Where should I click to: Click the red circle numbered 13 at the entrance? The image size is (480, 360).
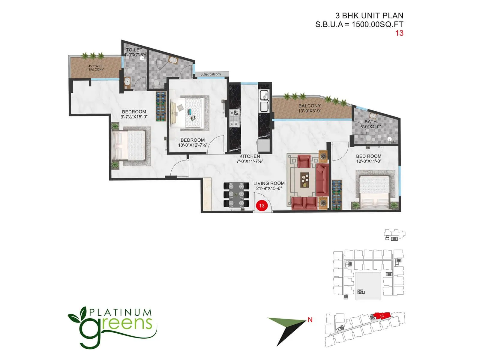pyautogui.click(x=262, y=205)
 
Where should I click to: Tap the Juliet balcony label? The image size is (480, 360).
pyautogui.click(x=211, y=74)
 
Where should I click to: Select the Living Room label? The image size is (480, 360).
pyautogui.click(x=269, y=183)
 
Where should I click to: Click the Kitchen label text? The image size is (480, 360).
pyautogui.click(x=250, y=156)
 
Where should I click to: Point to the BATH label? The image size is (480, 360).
pyautogui.click(x=370, y=121)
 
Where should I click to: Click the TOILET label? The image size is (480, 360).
pyautogui.click(x=134, y=50)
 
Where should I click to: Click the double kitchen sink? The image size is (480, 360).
pyautogui.click(x=265, y=100)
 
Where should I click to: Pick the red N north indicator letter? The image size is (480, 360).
pyautogui.click(x=310, y=320)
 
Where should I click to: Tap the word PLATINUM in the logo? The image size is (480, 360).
pyautogui.click(x=121, y=313)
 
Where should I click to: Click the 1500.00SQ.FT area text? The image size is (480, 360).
pyautogui.click(x=377, y=24)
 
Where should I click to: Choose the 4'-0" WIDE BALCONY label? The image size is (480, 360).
pyautogui.click(x=96, y=68)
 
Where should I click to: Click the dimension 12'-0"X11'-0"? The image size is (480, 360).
pyautogui.click(x=369, y=161)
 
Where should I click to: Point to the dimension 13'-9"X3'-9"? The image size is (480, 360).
pyautogui.click(x=310, y=111)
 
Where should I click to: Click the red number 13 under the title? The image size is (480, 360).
pyautogui.click(x=399, y=33)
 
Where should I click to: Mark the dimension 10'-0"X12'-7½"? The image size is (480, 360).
pyautogui.click(x=193, y=145)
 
